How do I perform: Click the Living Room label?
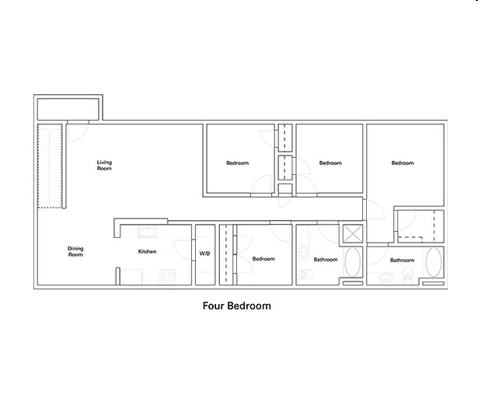coord(104,166)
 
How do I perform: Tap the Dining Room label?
coord(75,252)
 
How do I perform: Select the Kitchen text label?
coord(147,252)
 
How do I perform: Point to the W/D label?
coord(204,253)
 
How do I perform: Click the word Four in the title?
coord(214,306)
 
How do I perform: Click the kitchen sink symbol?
coord(147,232)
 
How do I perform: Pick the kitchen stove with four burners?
coord(166,277)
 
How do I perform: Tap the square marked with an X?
coord(353,234)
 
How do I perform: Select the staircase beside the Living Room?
coord(50,166)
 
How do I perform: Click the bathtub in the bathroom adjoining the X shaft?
coord(352,262)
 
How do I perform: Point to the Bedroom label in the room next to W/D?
coord(263,259)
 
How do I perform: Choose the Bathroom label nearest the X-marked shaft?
coord(326,260)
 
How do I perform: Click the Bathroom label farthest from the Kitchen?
coord(402,260)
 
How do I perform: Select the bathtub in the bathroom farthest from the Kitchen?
coord(434,262)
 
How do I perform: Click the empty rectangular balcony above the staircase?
coord(68,109)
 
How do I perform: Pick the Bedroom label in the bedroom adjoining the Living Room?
coord(238,163)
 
